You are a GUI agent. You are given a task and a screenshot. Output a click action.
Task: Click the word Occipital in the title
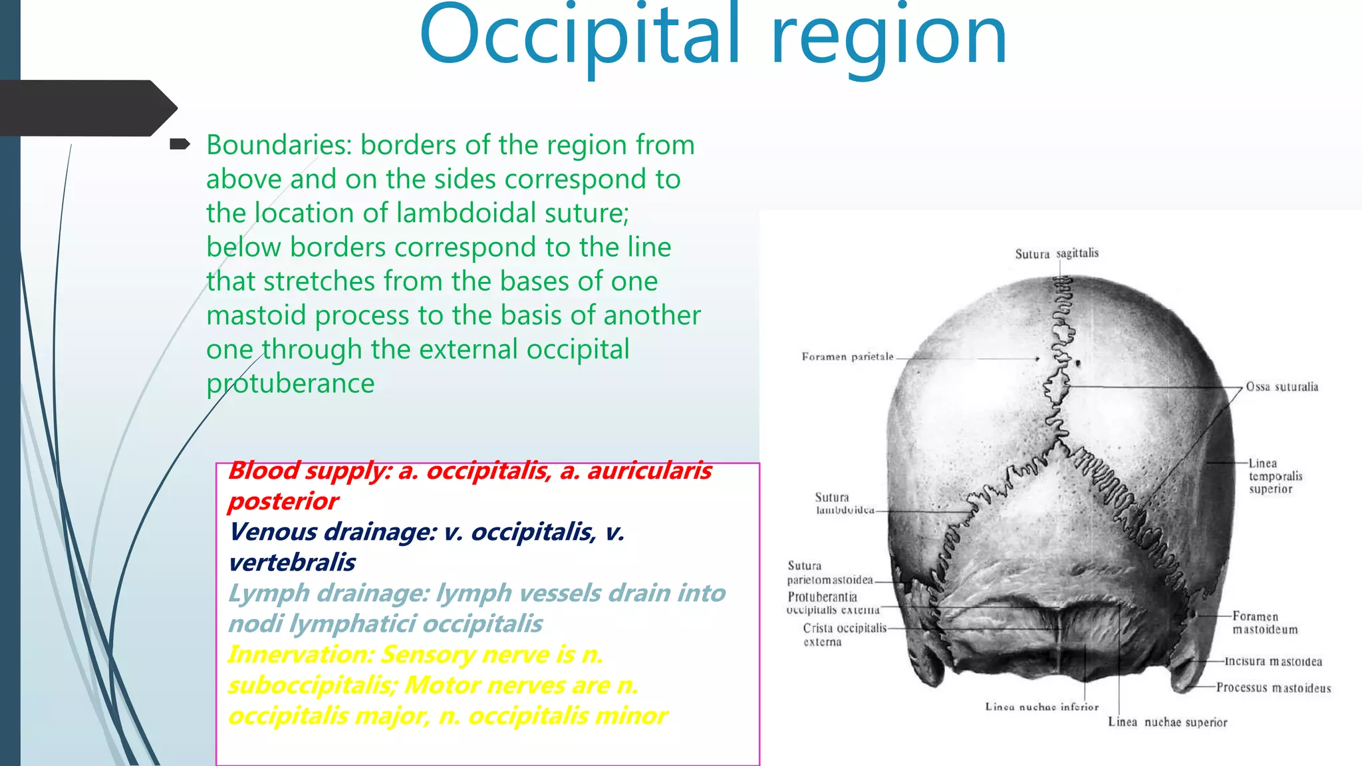(x=579, y=37)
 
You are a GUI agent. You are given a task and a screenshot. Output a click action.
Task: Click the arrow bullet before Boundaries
(x=180, y=144)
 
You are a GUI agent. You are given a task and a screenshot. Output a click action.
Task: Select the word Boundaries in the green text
(x=279, y=145)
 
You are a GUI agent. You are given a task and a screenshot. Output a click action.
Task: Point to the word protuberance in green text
(x=290, y=384)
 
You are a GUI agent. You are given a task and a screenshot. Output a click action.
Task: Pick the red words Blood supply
(x=310, y=471)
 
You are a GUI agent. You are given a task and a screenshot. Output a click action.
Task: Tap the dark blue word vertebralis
(x=292, y=563)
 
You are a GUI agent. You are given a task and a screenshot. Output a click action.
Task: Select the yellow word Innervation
(x=299, y=654)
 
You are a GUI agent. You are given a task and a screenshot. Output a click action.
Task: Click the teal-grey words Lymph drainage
(x=329, y=593)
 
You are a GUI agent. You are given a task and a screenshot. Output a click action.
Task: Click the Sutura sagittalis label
(x=1057, y=253)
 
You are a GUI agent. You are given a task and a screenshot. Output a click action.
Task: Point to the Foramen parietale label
(x=847, y=357)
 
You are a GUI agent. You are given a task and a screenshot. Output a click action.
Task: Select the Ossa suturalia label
(x=1282, y=387)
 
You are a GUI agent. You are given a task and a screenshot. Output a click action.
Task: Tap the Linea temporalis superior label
(x=1275, y=476)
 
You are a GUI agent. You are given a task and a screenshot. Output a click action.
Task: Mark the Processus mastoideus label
(x=1274, y=688)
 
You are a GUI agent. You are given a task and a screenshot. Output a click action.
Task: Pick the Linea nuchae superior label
(x=1167, y=722)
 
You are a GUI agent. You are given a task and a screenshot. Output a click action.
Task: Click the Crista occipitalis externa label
(x=843, y=635)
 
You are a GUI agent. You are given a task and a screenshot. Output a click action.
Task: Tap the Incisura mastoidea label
(x=1273, y=662)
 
